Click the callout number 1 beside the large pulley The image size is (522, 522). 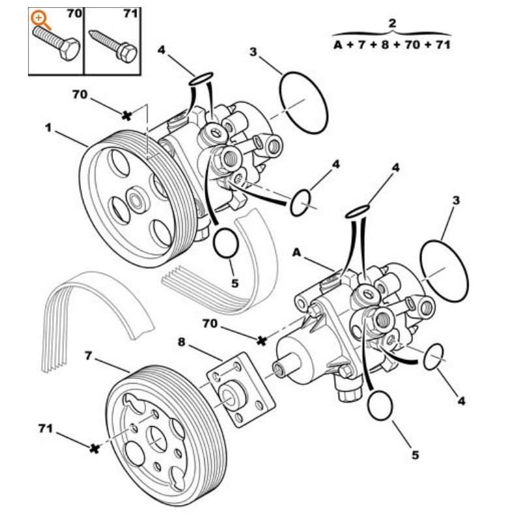pyautogui.click(x=48, y=128)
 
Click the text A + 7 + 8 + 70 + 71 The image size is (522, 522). pyautogui.click(x=391, y=44)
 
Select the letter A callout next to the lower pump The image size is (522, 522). pyautogui.click(x=297, y=252)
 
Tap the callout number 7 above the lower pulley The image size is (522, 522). pyautogui.click(x=89, y=355)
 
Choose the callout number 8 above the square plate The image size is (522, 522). pyautogui.click(x=181, y=341)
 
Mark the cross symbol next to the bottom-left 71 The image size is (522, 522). pyautogui.click(x=95, y=448)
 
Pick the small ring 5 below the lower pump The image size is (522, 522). pyautogui.click(x=381, y=406)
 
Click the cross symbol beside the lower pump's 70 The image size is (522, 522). pyautogui.click(x=262, y=340)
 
